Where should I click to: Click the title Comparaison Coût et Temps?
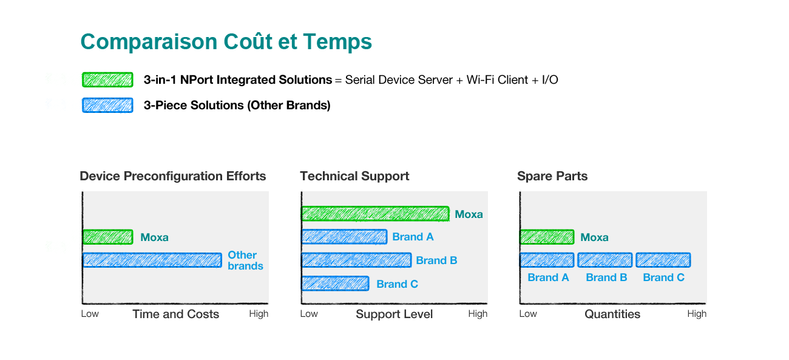pos(226,41)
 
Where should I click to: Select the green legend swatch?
pos(107,80)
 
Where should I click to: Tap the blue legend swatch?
pos(107,105)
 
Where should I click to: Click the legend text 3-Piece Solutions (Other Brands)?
pos(237,105)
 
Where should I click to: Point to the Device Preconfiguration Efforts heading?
pos(172,176)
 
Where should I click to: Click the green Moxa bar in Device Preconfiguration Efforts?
pos(108,237)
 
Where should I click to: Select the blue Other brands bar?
pos(152,260)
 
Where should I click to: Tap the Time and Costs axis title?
pos(176,314)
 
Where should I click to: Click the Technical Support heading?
pos(354,176)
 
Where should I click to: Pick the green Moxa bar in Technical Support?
pos(376,214)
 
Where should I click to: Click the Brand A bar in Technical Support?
pos(345,237)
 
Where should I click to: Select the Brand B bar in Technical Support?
pos(356,260)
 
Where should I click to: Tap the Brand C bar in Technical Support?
pos(335,284)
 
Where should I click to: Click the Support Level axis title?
pos(394,314)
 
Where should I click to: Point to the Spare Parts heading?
pos(552,176)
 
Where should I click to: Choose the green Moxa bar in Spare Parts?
pos(547,237)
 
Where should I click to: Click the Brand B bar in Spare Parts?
pos(604,260)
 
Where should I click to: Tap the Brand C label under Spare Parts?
pos(663,277)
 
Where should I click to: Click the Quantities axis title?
pos(612,314)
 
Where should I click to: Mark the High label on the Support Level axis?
pos(478,313)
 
